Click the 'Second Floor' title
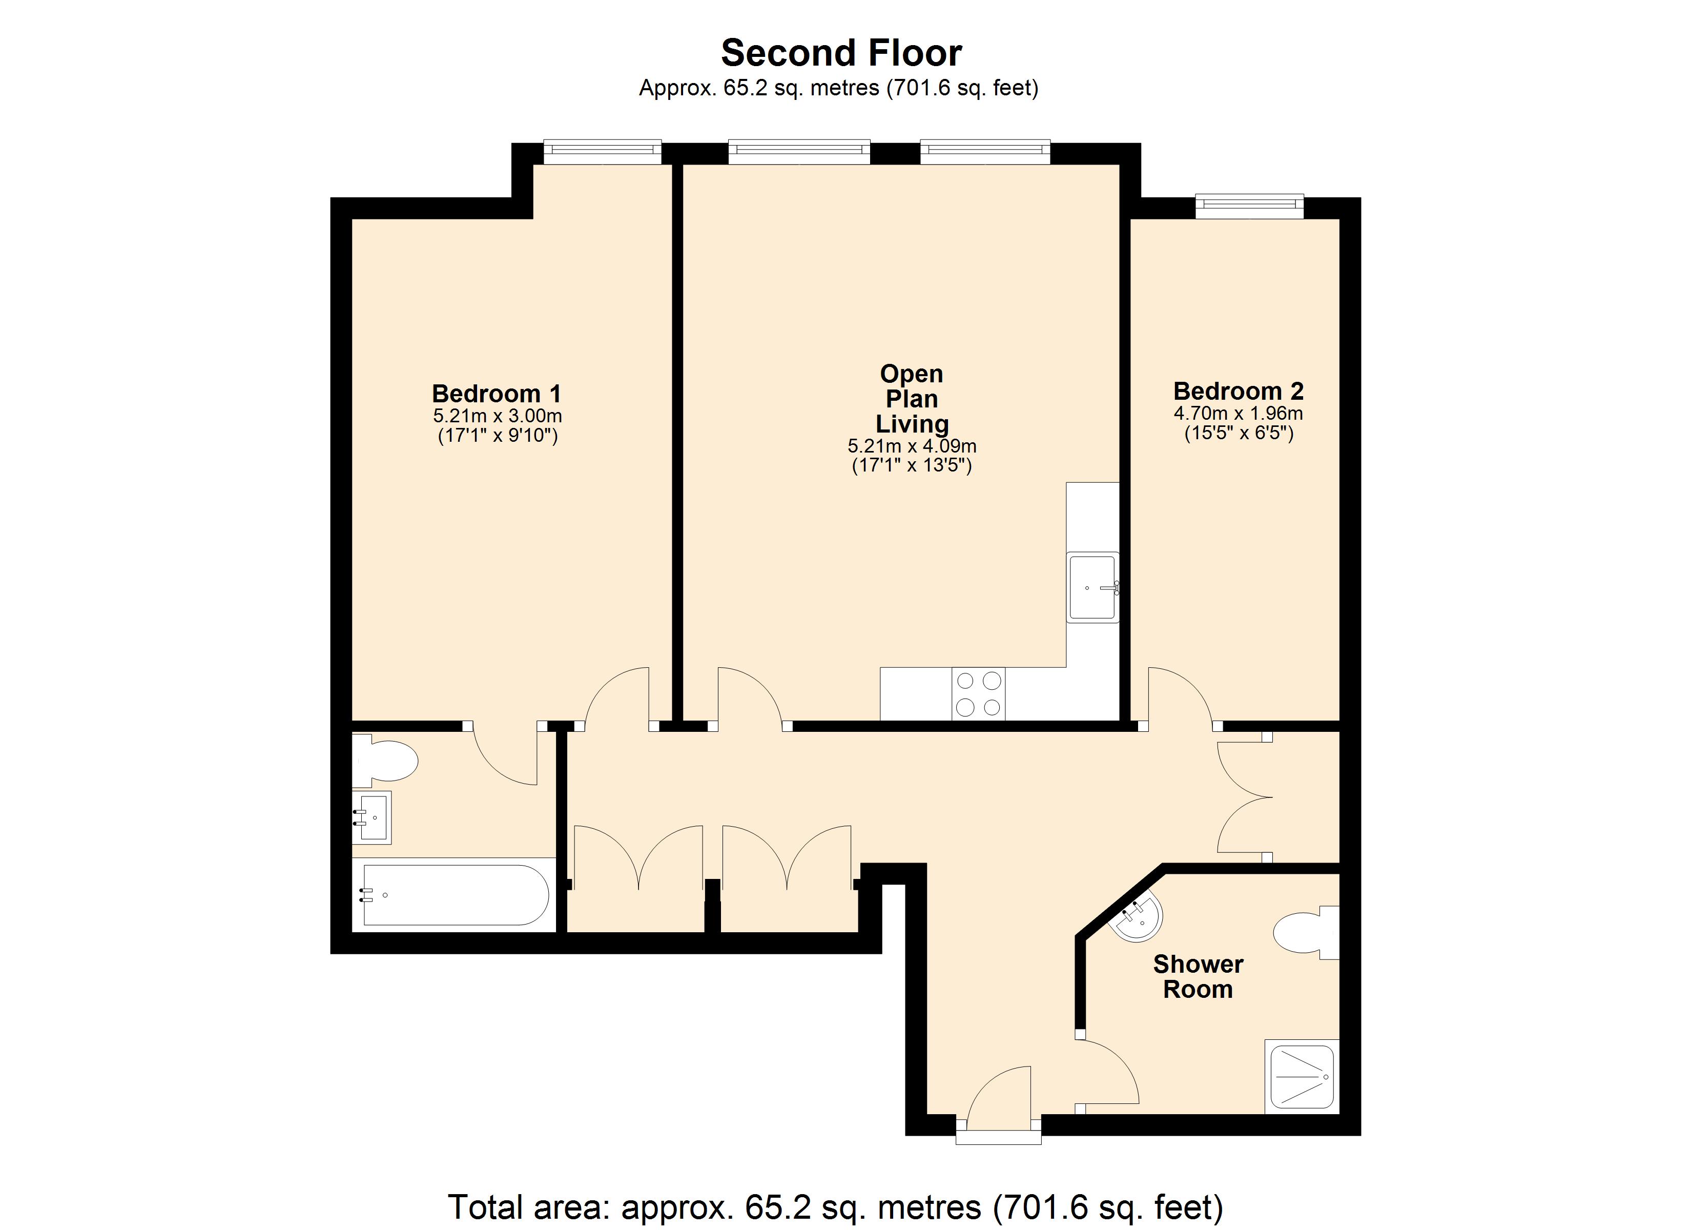click(x=841, y=53)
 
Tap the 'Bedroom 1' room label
click(x=497, y=393)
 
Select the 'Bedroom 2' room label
click(x=1239, y=391)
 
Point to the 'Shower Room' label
click(x=1198, y=976)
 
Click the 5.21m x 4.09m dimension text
click(x=912, y=446)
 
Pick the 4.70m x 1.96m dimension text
click(x=1239, y=413)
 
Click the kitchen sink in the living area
click(x=1093, y=587)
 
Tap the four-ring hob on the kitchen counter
click(x=978, y=694)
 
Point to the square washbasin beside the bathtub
click(x=372, y=817)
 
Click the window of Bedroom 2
click(x=1250, y=206)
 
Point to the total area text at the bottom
click(x=836, y=1206)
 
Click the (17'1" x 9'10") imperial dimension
click(x=498, y=436)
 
